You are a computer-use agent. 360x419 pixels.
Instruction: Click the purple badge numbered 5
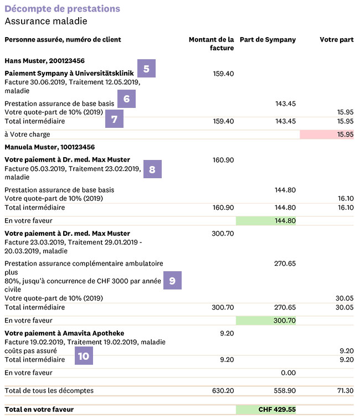[146, 69]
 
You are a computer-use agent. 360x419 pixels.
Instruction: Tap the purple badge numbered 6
[126, 99]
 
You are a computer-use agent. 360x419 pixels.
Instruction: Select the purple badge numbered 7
[114, 118]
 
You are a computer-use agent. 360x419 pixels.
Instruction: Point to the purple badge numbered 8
[152, 169]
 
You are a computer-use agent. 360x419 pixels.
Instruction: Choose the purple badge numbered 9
[172, 280]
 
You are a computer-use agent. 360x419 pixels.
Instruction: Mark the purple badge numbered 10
[84, 356]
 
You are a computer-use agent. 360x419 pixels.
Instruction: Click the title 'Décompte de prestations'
[63, 8]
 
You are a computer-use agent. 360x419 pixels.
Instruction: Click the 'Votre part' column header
[337, 39]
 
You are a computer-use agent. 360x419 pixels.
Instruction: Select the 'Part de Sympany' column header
[268, 40]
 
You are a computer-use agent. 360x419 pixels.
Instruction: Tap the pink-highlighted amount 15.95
[345, 134]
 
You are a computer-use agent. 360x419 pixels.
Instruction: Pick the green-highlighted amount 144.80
[285, 220]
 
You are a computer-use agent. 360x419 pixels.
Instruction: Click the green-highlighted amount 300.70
[285, 320]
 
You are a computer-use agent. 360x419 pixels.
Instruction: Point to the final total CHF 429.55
[277, 410]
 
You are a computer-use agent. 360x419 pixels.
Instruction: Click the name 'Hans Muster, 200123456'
[45, 61]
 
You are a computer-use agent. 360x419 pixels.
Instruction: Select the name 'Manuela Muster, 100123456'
[50, 147]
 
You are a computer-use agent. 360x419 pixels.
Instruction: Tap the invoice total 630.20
[223, 391]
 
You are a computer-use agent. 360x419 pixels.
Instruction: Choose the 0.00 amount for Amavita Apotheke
[289, 373]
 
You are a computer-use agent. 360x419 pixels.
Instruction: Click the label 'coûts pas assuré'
[31, 350]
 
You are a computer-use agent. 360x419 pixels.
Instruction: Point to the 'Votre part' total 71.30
[346, 391]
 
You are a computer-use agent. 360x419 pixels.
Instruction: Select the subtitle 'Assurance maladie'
[46, 21]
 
